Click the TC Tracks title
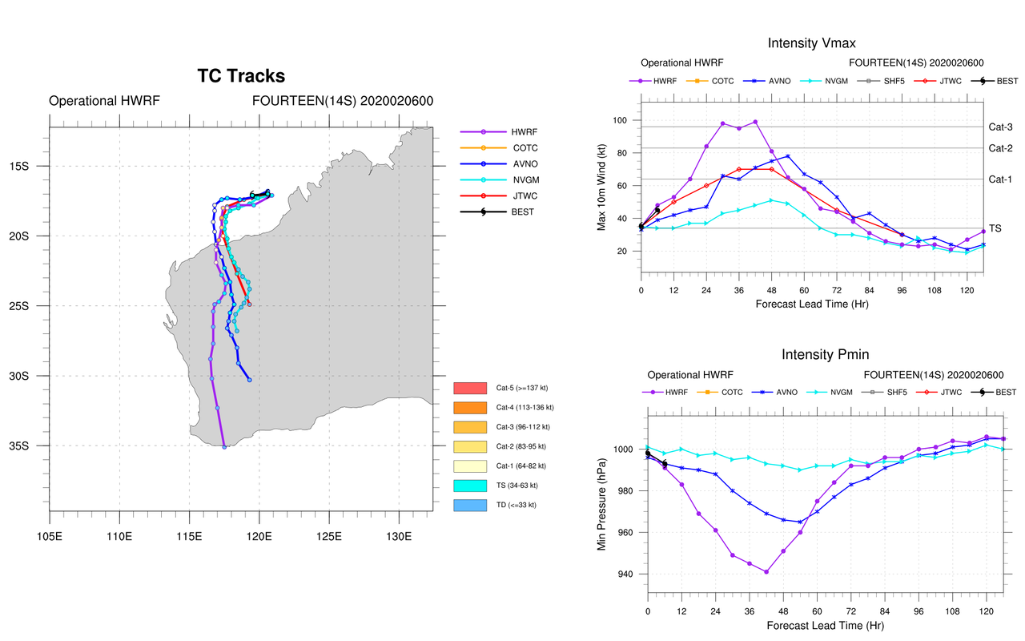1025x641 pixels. pos(241,76)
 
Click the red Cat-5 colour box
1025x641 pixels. pos(470,388)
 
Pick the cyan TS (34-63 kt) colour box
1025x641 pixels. pos(470,486)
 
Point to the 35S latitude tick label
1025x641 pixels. pos(35,446)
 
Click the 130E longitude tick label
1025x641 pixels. pos(399,535)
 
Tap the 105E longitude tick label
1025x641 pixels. pos(50,535)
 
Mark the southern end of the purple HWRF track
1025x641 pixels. pos(224,446)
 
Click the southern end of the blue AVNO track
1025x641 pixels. pos(250,380)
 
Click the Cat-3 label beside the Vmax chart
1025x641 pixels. pos(1000,127)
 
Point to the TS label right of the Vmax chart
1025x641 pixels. pos(995,228)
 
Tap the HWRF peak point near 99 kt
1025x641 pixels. pos(755,122)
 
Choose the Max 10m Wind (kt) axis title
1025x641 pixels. pos(601,185)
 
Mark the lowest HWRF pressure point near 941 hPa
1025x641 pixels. pos(766,572)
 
